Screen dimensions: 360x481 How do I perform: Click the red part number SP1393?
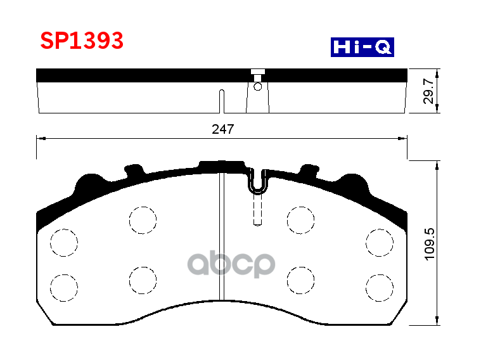pyautogui.click(x=82, y=41)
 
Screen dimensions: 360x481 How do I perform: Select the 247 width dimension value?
pyautogui.click(x=223, y=129)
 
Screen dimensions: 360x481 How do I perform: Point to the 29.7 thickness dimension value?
pyautogui.click(x=428, y=91)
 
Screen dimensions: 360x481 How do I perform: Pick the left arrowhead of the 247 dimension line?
pyautogui.click(x=39, y=138)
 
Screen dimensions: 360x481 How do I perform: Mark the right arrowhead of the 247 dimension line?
pyautogui.click(x=404, y=138)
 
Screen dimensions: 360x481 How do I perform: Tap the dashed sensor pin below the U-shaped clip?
pyautogui.click(x=258, y=210)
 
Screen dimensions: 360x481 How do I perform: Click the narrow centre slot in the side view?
pyautogui.click(x=221, y=101)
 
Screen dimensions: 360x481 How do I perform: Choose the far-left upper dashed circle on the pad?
pyautogui.click(x=64, y=242)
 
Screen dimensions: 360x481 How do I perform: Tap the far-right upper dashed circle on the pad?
pyautogui.click(x=380, y=242)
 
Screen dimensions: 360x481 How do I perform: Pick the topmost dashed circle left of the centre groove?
pyautogui.click(x=143, y=220)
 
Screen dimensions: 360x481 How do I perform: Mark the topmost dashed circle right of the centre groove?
pyautogui.click(x=300, y=220)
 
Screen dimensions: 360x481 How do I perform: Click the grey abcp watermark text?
pyautogui.click(x=233, y=263)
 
